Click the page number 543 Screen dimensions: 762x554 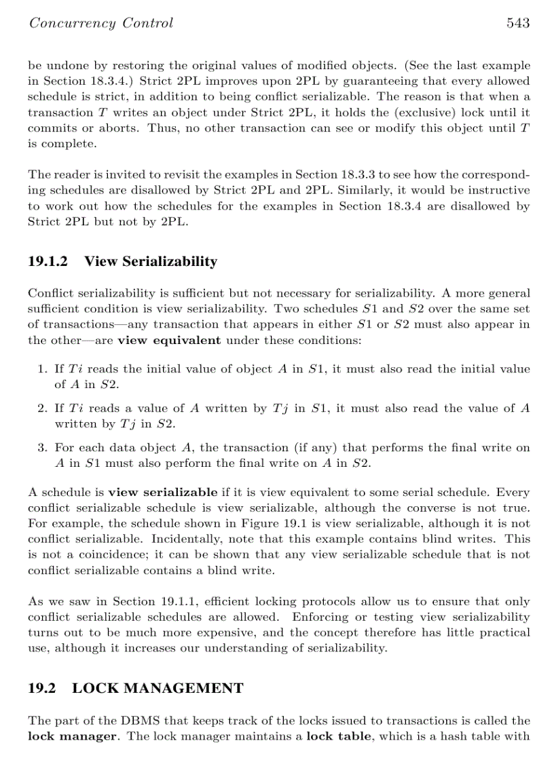[x=517, y=23]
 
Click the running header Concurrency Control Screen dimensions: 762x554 [x=100, y=23]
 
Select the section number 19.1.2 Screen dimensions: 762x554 [x=49, y=261]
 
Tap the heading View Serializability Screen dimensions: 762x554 [x=151, y=261]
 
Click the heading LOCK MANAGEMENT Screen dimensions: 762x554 [x=158, y=688]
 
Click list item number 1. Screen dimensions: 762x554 [x=41, y=369]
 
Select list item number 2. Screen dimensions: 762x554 [x=41, y=408]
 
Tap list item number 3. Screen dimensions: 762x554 [x=41, y=448]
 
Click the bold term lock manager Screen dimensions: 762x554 [x=72, y=736]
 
